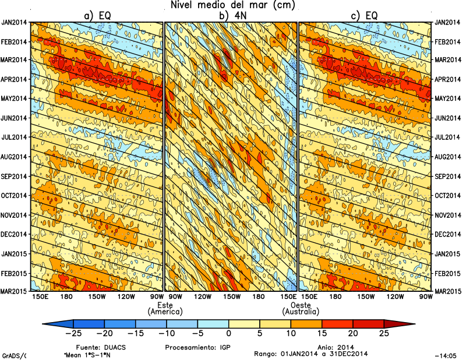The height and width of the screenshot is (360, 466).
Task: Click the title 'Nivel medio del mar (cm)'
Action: coord(233,5)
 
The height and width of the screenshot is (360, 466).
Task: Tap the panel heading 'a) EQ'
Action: coord(97,16)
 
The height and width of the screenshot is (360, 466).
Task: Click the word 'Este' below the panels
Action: coord(165,305)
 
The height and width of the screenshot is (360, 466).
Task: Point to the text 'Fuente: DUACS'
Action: coord(97,347)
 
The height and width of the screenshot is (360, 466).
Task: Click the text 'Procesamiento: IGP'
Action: coord(190,347)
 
